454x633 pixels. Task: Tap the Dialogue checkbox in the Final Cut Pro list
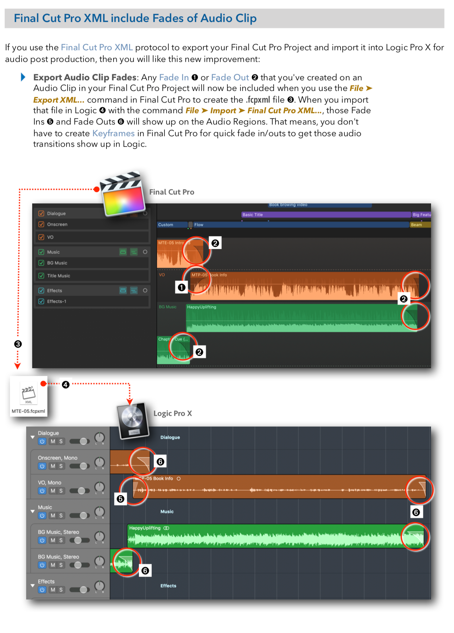(41, 213)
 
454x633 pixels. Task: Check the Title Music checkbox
(41, 275)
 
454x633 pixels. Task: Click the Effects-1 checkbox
(41, 301)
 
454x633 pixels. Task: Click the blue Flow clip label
(199, 225)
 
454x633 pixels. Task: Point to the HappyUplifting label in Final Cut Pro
(202, 307)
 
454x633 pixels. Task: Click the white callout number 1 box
(182, 287)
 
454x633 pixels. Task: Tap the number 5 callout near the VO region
(121, 499)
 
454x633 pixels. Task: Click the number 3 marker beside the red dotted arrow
(18, 344)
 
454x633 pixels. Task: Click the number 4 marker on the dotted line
(66, 385)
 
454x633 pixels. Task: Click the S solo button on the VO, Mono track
(61, 491)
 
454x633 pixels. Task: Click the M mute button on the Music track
(53, 516)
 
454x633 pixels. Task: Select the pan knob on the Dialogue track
(100, 438)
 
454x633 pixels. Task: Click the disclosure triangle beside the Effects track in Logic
(33, 586)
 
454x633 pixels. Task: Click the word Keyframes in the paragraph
(113, 133)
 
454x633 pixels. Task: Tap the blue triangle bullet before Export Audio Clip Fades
(23, 77)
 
